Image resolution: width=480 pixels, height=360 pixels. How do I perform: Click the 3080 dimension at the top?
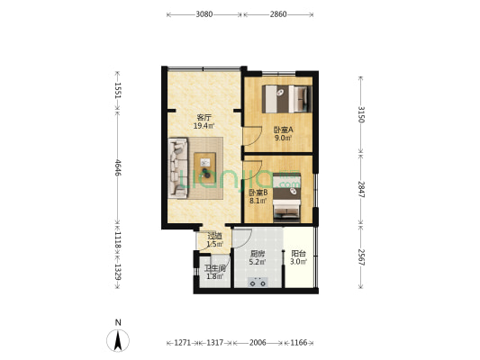pos(204,14)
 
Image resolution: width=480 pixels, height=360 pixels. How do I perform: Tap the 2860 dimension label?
pos(278,14)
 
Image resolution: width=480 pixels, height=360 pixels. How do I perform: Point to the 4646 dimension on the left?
pos(117,167)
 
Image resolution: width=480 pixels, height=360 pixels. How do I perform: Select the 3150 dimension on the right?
pos(360,114)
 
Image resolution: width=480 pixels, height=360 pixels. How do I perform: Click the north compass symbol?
pos(117,338)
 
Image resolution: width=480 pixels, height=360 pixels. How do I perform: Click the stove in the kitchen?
pos(258,281)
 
